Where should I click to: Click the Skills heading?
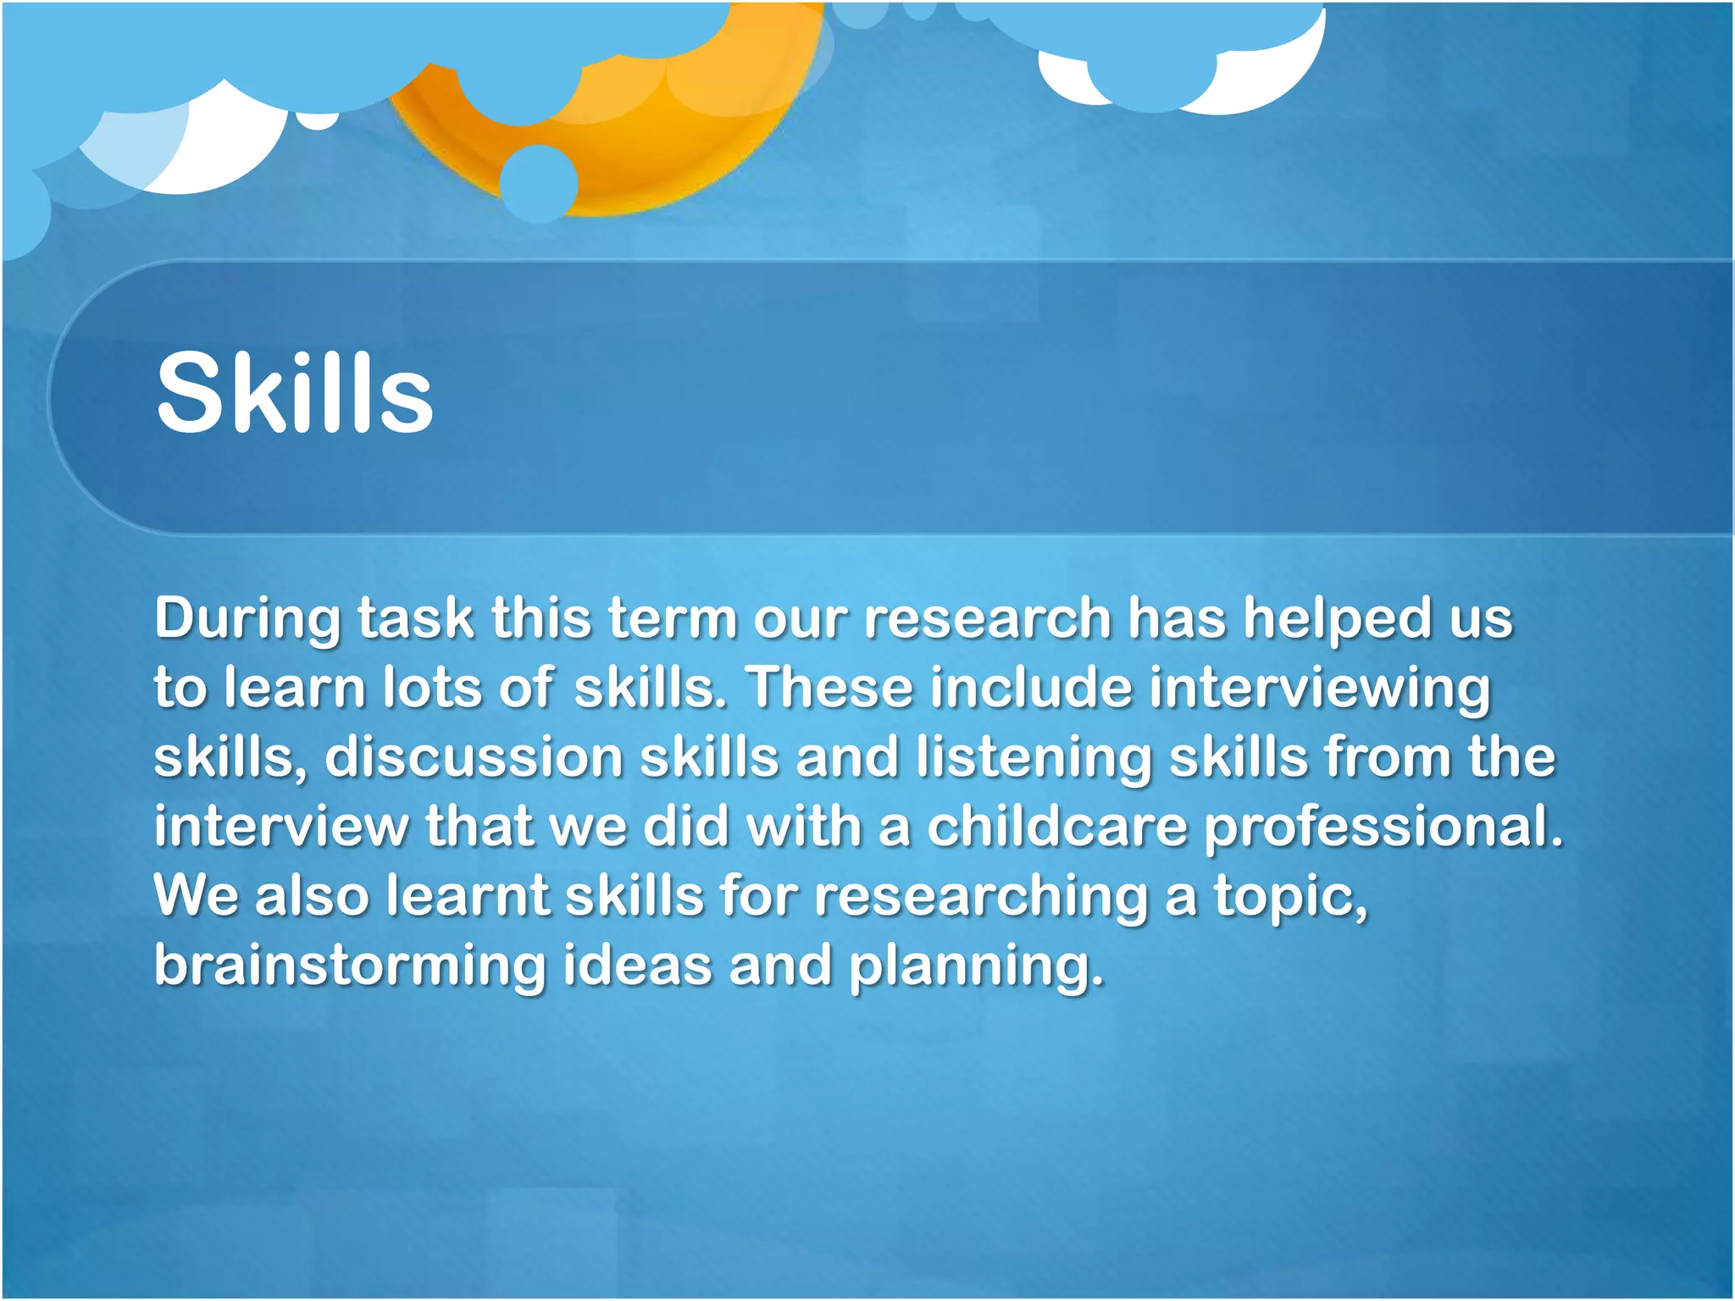pyautogui.click(x=294, y=394)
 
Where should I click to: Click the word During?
pyautogui.click(x=247, y=619)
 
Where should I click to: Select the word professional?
pyautogui.click(x=1383, y=827)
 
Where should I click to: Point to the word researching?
pyautogui.click(x=980, y=897)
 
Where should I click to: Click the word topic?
pyautogui.click(x=1290, y=897)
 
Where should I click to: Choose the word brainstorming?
pyautogui.click(x=350, y=966)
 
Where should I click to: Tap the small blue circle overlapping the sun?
pyautogui.click(x=539, y=183)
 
